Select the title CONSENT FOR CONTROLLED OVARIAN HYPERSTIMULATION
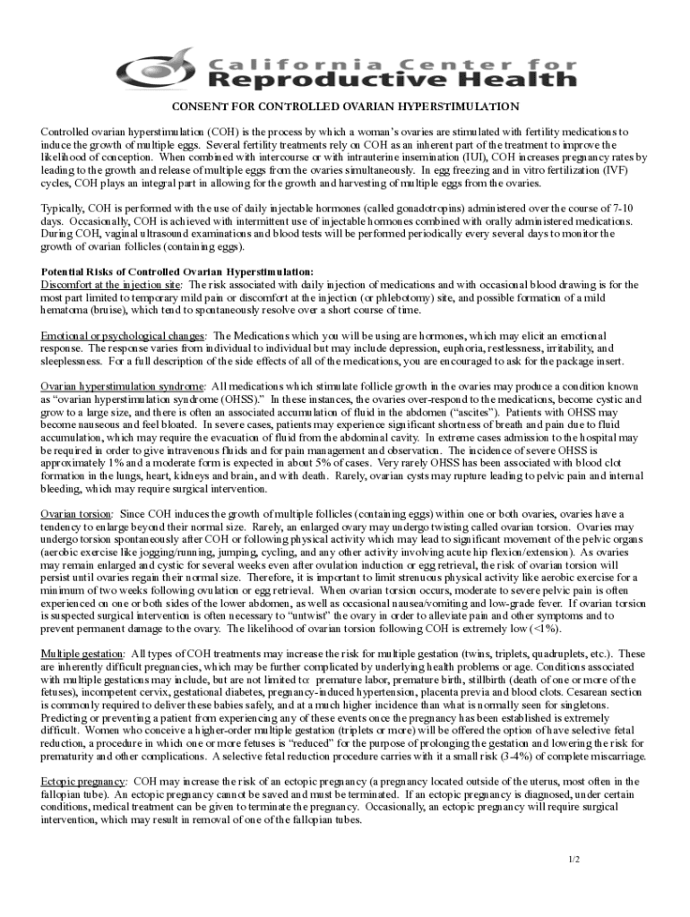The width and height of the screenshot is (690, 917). [x=345, y=107]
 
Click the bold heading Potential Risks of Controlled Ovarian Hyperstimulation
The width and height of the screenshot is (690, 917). [x=177, y=271]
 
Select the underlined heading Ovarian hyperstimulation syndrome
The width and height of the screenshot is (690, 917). [x=127, y=386]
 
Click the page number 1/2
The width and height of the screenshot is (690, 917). [x=574, y=860]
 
